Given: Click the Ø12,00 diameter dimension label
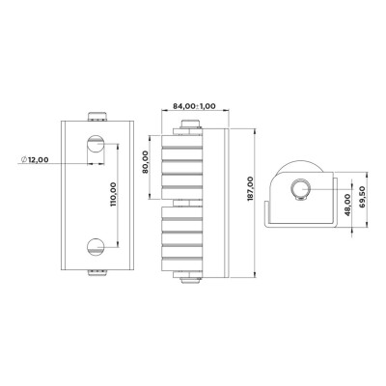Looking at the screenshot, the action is (x=35, y=159).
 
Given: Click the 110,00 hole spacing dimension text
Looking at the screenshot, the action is (x=114, y=194).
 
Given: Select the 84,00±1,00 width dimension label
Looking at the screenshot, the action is (x=194, y=106).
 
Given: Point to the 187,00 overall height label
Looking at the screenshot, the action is (x=251, y=189).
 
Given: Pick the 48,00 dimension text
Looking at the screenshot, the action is (x=347, y=205).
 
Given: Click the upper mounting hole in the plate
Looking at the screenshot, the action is (x=96, y=145).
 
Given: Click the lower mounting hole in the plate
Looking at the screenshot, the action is (x=96, y=247).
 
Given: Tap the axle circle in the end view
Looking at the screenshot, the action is (x=300, y=189).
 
